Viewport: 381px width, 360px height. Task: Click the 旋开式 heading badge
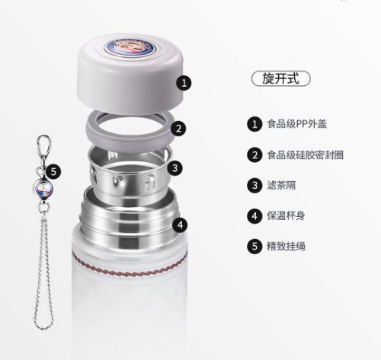(280, 78)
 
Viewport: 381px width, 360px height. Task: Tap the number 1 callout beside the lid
(184, 83)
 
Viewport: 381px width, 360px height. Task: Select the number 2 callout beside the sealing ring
(178, 129)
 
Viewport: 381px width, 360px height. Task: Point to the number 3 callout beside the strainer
(174, 167)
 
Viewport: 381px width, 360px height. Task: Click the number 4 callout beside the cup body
(180, 225)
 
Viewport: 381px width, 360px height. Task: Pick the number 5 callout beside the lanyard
(53, 172)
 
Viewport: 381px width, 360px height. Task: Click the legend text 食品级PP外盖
(296, 124)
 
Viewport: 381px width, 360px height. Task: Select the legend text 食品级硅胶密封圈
(305, 155)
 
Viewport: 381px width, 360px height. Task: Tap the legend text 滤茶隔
(281, 185)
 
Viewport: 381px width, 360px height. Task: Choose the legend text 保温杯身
(286, 215)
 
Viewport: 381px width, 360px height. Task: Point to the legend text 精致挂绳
(286, 246)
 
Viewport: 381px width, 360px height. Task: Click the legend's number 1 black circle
(255, 124)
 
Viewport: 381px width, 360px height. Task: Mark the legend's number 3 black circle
(255, 185)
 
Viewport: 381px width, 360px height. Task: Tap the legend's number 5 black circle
(255, 246)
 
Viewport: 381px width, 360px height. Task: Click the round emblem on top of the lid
(130, 47)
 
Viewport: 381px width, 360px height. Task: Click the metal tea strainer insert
(129, 175)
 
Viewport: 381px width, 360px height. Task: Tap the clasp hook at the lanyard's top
(43, 147)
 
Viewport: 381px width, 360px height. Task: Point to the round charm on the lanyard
(42, 188)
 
